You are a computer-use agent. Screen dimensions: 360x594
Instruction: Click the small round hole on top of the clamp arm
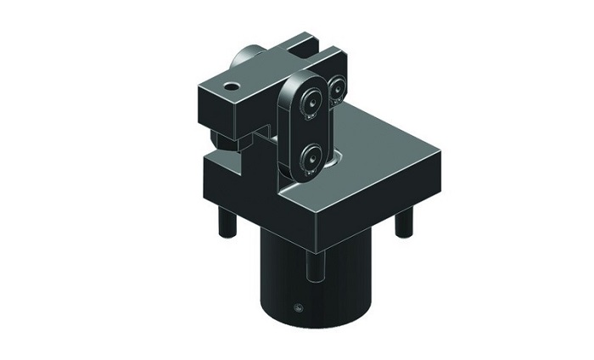[229, 86]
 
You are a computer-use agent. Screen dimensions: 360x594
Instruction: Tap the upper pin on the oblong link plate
[309, 101]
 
